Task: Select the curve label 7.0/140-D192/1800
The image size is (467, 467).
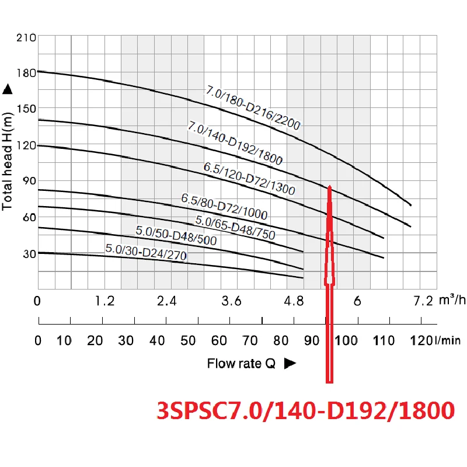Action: coord(236,143)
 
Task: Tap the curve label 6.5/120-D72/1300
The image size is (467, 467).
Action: coord(249,179)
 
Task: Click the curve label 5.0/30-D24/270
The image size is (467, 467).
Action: coord(146,253)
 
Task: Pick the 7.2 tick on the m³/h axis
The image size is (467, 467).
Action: coord(423,301)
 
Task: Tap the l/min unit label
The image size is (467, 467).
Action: coord(449,341)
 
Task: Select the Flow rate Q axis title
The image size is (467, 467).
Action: coord(241,364)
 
